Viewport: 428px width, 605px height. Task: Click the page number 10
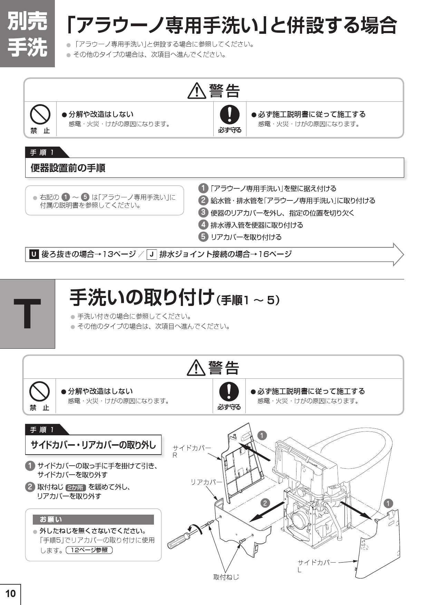pos(10,593)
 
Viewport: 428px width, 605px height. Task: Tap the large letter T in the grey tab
pos(27,314)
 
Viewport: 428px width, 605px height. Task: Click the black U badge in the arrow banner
pos(33,255)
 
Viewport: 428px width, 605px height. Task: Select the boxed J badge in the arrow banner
pos(152,255)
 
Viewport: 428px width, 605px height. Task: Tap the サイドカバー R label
pos(192,451)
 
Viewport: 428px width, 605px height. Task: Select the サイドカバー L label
pos(317,566)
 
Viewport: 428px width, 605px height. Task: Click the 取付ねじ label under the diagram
pos(226,577)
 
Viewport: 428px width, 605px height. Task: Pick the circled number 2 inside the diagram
pos(265,503)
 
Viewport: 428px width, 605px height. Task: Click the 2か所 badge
pos(76,487)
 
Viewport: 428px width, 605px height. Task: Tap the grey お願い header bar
pos(93,519)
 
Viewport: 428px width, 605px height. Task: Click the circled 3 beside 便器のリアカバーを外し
pos(203,212)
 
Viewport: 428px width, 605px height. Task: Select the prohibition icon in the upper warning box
pos(40,114)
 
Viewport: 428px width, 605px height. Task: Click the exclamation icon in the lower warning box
pos(228,391)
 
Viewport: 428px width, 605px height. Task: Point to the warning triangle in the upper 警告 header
pos(197,91)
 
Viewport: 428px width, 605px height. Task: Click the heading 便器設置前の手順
pos(68,168)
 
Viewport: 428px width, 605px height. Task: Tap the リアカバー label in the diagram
pos(207,482)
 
